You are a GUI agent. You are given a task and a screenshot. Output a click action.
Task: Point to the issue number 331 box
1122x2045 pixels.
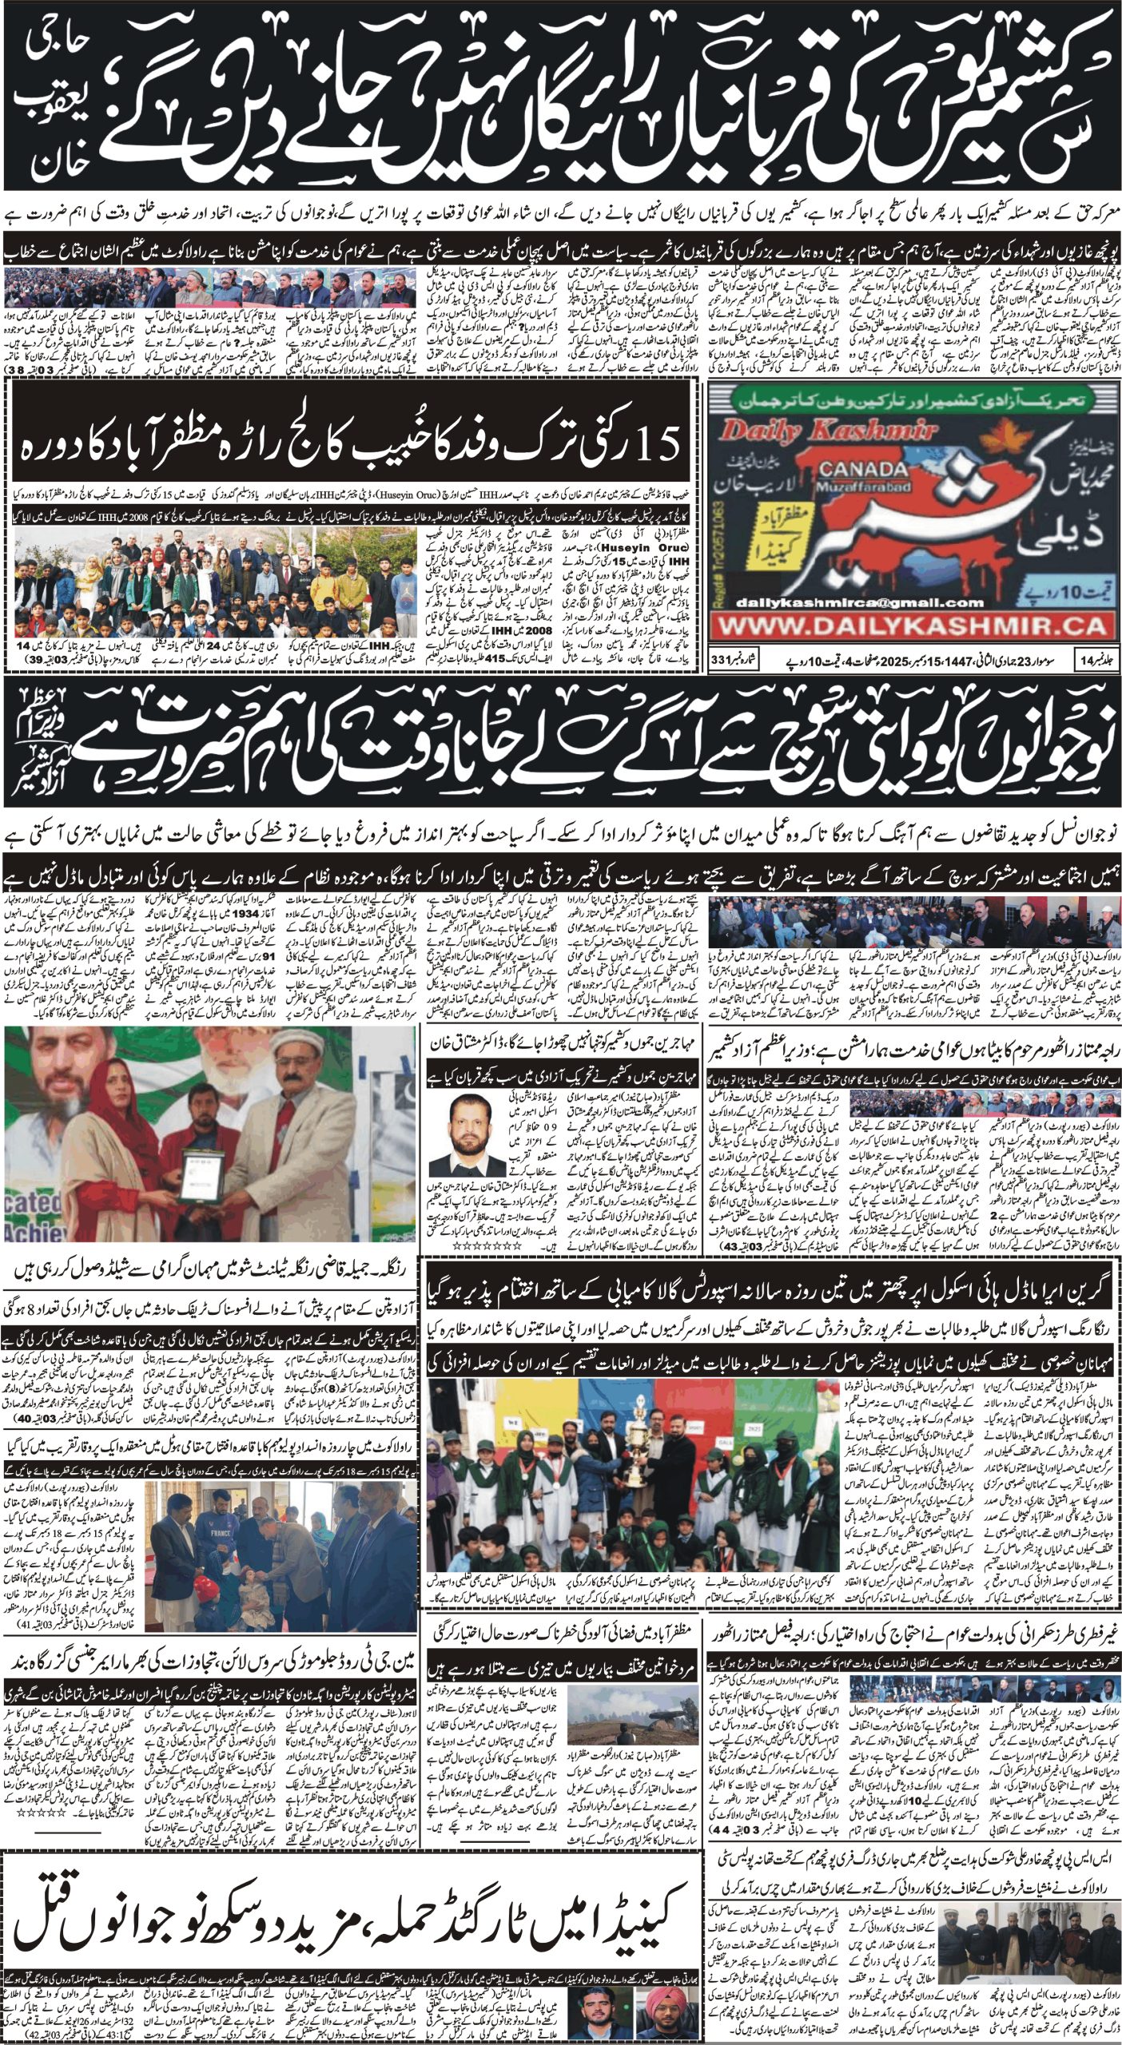tap(726, 661)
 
